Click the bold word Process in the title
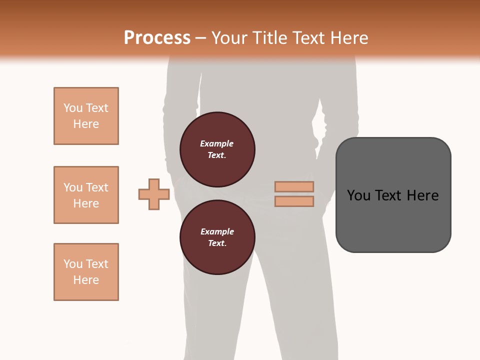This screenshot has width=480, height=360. point(157,37)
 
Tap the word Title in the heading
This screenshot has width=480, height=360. point(268,37)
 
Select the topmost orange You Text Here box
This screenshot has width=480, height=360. point(86,116)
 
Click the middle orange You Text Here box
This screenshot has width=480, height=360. point(86,195)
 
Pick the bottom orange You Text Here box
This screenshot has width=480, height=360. point(86,272)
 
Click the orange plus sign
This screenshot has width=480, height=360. point(154,194)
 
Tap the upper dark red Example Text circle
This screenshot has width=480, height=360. point(217,149)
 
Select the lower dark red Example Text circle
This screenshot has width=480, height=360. point(217,237)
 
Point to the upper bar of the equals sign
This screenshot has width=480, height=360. point(294,186)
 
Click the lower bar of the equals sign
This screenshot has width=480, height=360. point(294,201)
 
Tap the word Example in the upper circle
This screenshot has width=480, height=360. point(216,143)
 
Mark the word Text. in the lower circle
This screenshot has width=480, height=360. point(217,243)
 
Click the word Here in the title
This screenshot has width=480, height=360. point(349,37)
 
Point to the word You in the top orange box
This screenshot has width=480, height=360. point(72,108)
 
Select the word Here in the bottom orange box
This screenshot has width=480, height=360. point(86,280)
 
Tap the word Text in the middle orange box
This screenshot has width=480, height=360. point(96,187)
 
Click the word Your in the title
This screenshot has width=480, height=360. point(228,37)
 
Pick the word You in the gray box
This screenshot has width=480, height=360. point(358,195)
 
